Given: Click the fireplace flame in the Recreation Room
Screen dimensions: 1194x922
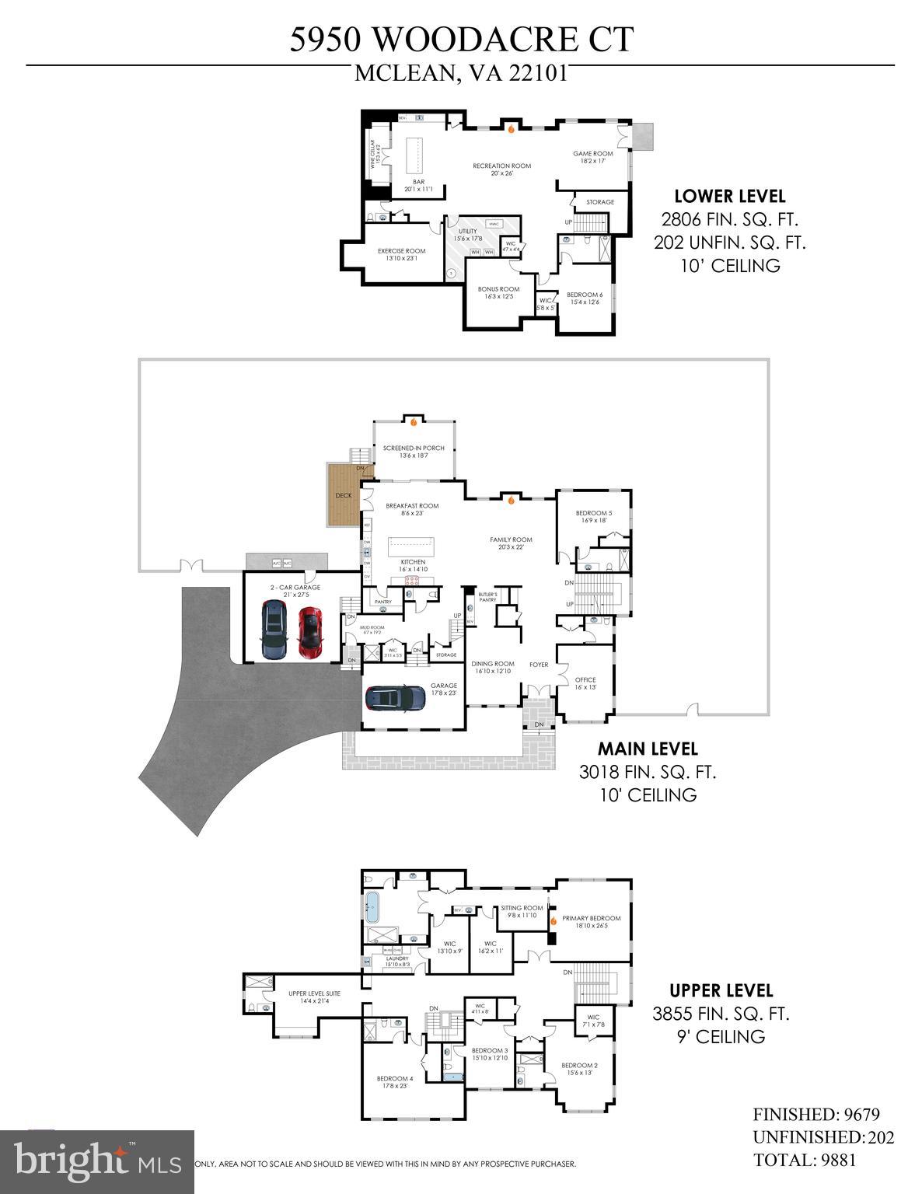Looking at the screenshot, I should (511, 130).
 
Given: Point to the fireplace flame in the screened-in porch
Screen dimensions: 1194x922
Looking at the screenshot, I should (414, 423).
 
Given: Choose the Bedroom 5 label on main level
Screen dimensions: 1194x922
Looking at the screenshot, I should (593, 517).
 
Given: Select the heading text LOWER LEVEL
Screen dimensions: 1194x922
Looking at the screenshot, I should (729, 197).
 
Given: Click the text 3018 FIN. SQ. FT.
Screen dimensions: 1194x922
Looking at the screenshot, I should (647, 772).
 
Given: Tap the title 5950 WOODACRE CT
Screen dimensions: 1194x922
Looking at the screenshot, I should (462, 39).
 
